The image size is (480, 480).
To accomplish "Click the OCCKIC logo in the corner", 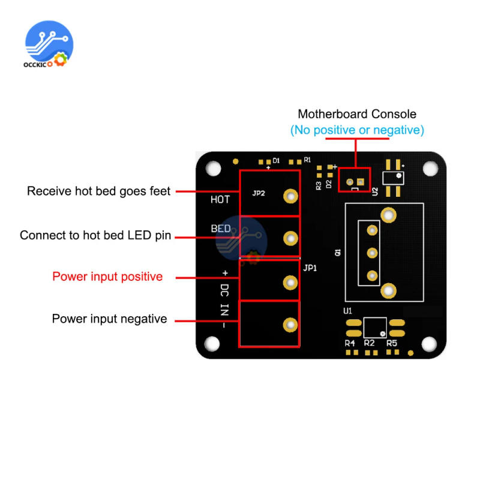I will [x=49, y=46].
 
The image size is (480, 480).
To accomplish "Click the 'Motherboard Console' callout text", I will [x=357, y=114].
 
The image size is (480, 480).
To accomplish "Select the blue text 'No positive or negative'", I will [x=357, y=130].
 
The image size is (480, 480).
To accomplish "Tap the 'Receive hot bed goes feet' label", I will [x=99, y=191].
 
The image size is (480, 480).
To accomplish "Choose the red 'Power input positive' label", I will [x=107, y=277].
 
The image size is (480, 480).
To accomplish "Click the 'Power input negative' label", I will [x=109, y=319].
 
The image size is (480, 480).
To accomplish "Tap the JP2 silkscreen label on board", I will [x=259, y=193].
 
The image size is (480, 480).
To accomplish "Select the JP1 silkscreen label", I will [x=310, y=268].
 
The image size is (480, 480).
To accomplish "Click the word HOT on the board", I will [x=220, y=200].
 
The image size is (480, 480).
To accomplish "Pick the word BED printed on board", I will [x=221, y=229].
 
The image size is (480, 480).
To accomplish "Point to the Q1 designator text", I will [x=338, y=254].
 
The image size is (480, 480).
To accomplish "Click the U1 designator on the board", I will [x=347, y=311].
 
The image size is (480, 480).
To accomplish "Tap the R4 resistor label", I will [x=350, y=343].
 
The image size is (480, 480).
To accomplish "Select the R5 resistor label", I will [x=391, y=343].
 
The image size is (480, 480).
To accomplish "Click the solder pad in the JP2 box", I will [x=291, y=196].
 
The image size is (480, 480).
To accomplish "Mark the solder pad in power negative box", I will [x=291, y=325].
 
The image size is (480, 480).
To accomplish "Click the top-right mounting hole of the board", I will [x=430, y=169].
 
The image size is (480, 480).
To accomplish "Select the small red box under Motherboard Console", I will [x=354, y=180].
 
